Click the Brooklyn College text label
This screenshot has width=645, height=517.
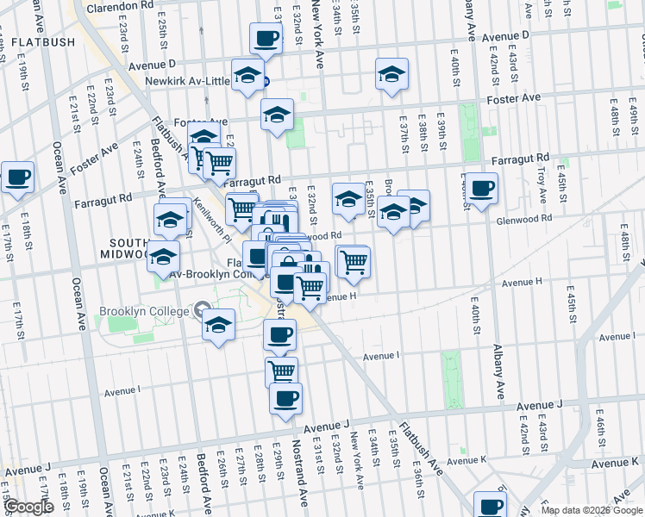click(x=144, y=311)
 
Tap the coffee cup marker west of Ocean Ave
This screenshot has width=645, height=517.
click(x=17, y=178)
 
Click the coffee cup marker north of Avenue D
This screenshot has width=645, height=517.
click(x=266, y=39)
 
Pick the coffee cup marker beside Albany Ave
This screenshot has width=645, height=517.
click(x=481, y=188)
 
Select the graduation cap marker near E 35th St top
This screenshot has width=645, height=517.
click(x=391, y=75)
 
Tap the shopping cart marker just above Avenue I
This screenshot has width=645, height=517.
click(x=281, y=371)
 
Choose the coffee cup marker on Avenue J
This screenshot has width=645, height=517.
click(x=286, y=398)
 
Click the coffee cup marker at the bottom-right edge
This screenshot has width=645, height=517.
click(x=491, y=505)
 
